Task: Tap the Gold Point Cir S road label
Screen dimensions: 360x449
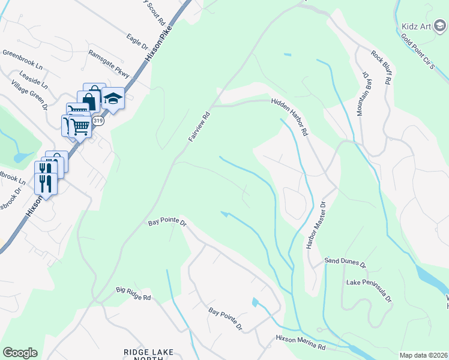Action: point(417,52)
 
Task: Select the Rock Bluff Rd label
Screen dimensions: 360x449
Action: point(382,66)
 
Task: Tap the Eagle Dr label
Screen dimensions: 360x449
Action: point(137,42)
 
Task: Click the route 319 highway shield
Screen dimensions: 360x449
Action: point(99,121)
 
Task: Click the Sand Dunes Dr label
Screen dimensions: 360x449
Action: point(345,262)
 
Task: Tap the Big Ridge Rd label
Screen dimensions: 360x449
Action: point(133,294)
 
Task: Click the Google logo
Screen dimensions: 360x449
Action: point(20,352)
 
